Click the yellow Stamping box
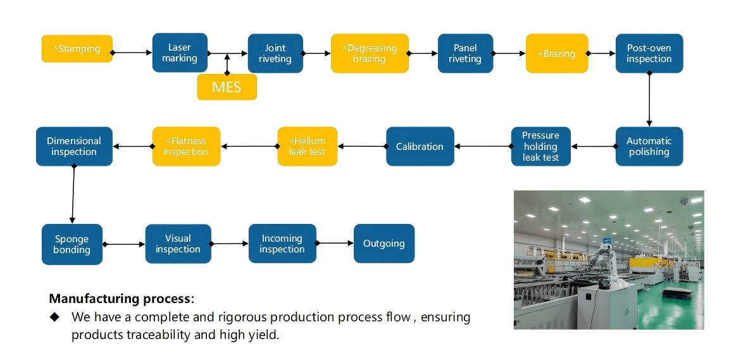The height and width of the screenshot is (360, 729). coord(77,49)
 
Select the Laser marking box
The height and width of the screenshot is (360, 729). coord(180,53)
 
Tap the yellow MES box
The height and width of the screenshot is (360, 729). coord(227,87)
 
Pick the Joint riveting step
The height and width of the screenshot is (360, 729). coord(275,53)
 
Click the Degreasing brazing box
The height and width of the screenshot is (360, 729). coord(370,53)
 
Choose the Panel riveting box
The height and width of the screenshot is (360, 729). coord(464,53)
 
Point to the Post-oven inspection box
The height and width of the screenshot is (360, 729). coord(649,53)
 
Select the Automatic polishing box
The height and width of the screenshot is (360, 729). coord(649,146)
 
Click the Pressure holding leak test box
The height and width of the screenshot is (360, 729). coord(540,146)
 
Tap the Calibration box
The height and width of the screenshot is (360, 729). coord(420,146)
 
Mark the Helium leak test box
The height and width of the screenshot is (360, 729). coord(308,146)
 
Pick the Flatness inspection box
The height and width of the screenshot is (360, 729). coord(186,146)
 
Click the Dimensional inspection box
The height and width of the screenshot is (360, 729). coord(74,146)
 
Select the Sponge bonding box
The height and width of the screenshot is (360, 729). coord(72,244)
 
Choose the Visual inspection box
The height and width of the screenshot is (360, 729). coord(178,244)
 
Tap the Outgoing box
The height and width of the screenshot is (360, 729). coord(383,244)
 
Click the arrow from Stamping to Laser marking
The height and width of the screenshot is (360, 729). coord(132,53)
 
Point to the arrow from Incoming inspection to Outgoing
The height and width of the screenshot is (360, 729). coord(334,243)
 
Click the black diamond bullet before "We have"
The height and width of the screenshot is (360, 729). coord(54,316)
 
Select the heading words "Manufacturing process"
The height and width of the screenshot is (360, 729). coord(120,298)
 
